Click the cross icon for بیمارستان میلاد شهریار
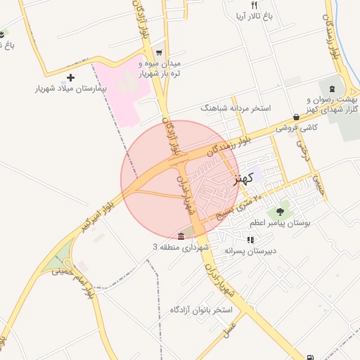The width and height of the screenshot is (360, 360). tap(70, 77)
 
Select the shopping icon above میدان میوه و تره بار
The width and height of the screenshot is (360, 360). tap(159, 52)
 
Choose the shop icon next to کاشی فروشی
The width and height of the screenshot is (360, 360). tap(295, 117)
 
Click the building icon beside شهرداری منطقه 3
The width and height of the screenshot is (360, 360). tap(182, 236)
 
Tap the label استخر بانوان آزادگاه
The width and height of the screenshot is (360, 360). tap(201, 310)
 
